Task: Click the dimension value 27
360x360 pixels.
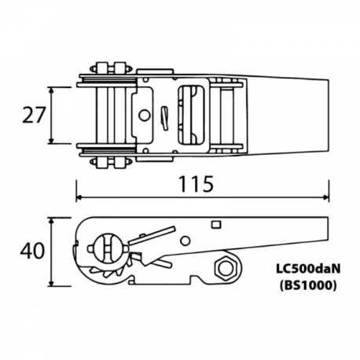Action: pos(34,115)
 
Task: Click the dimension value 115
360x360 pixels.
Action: pos(196,184)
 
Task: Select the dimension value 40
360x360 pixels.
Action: pos(32,251)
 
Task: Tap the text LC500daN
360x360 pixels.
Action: pos(308,269)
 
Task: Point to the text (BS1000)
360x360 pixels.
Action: pos(308,285)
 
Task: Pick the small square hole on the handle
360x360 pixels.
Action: pos(216,225)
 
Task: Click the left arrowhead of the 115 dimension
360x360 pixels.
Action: pos(79,197)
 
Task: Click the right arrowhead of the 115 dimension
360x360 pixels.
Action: pos(325,197)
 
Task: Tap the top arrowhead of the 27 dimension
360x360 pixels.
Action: pos(52,90)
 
